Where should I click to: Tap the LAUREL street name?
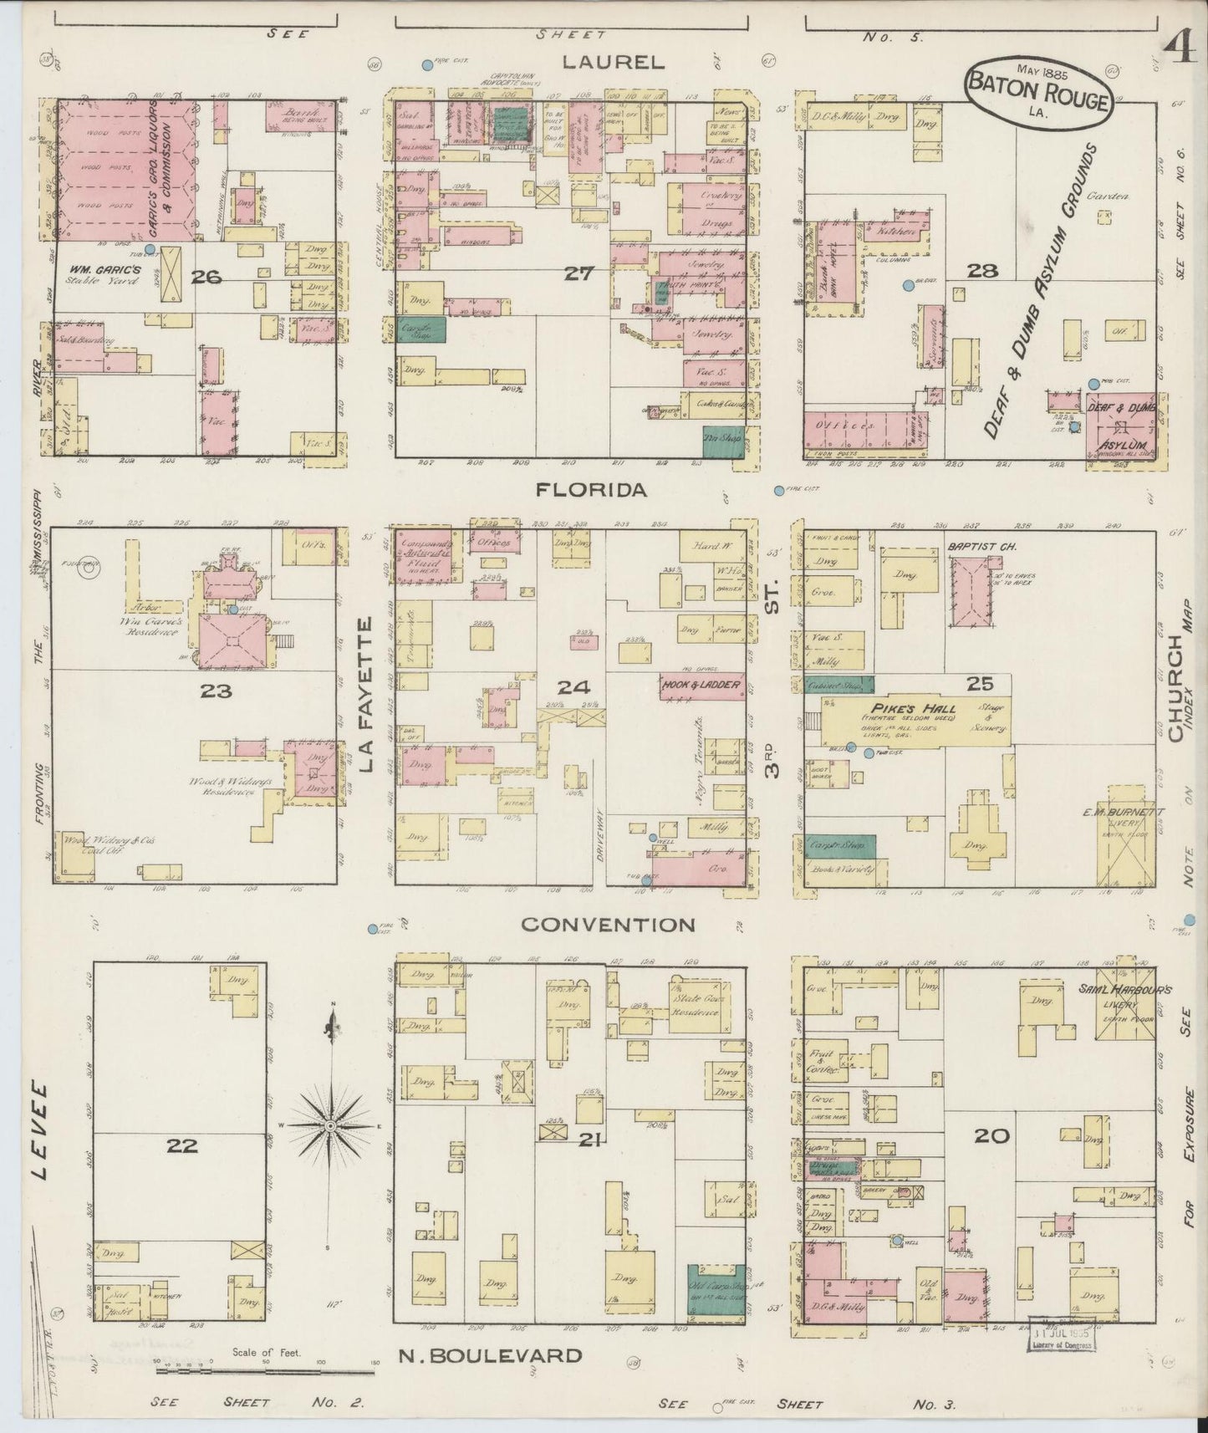pyautogui.click(x=613, y=61)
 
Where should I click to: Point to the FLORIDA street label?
pyautogui.click(x=592, y=491)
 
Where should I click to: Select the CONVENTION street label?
pyautogui.click(x=608, y=925)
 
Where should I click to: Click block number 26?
pyautogui.click(x=206, y=278)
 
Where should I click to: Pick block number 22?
pyautogui.click(x=182, y=1146)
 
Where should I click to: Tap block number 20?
pyautogui.click(x=991, y=1136)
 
